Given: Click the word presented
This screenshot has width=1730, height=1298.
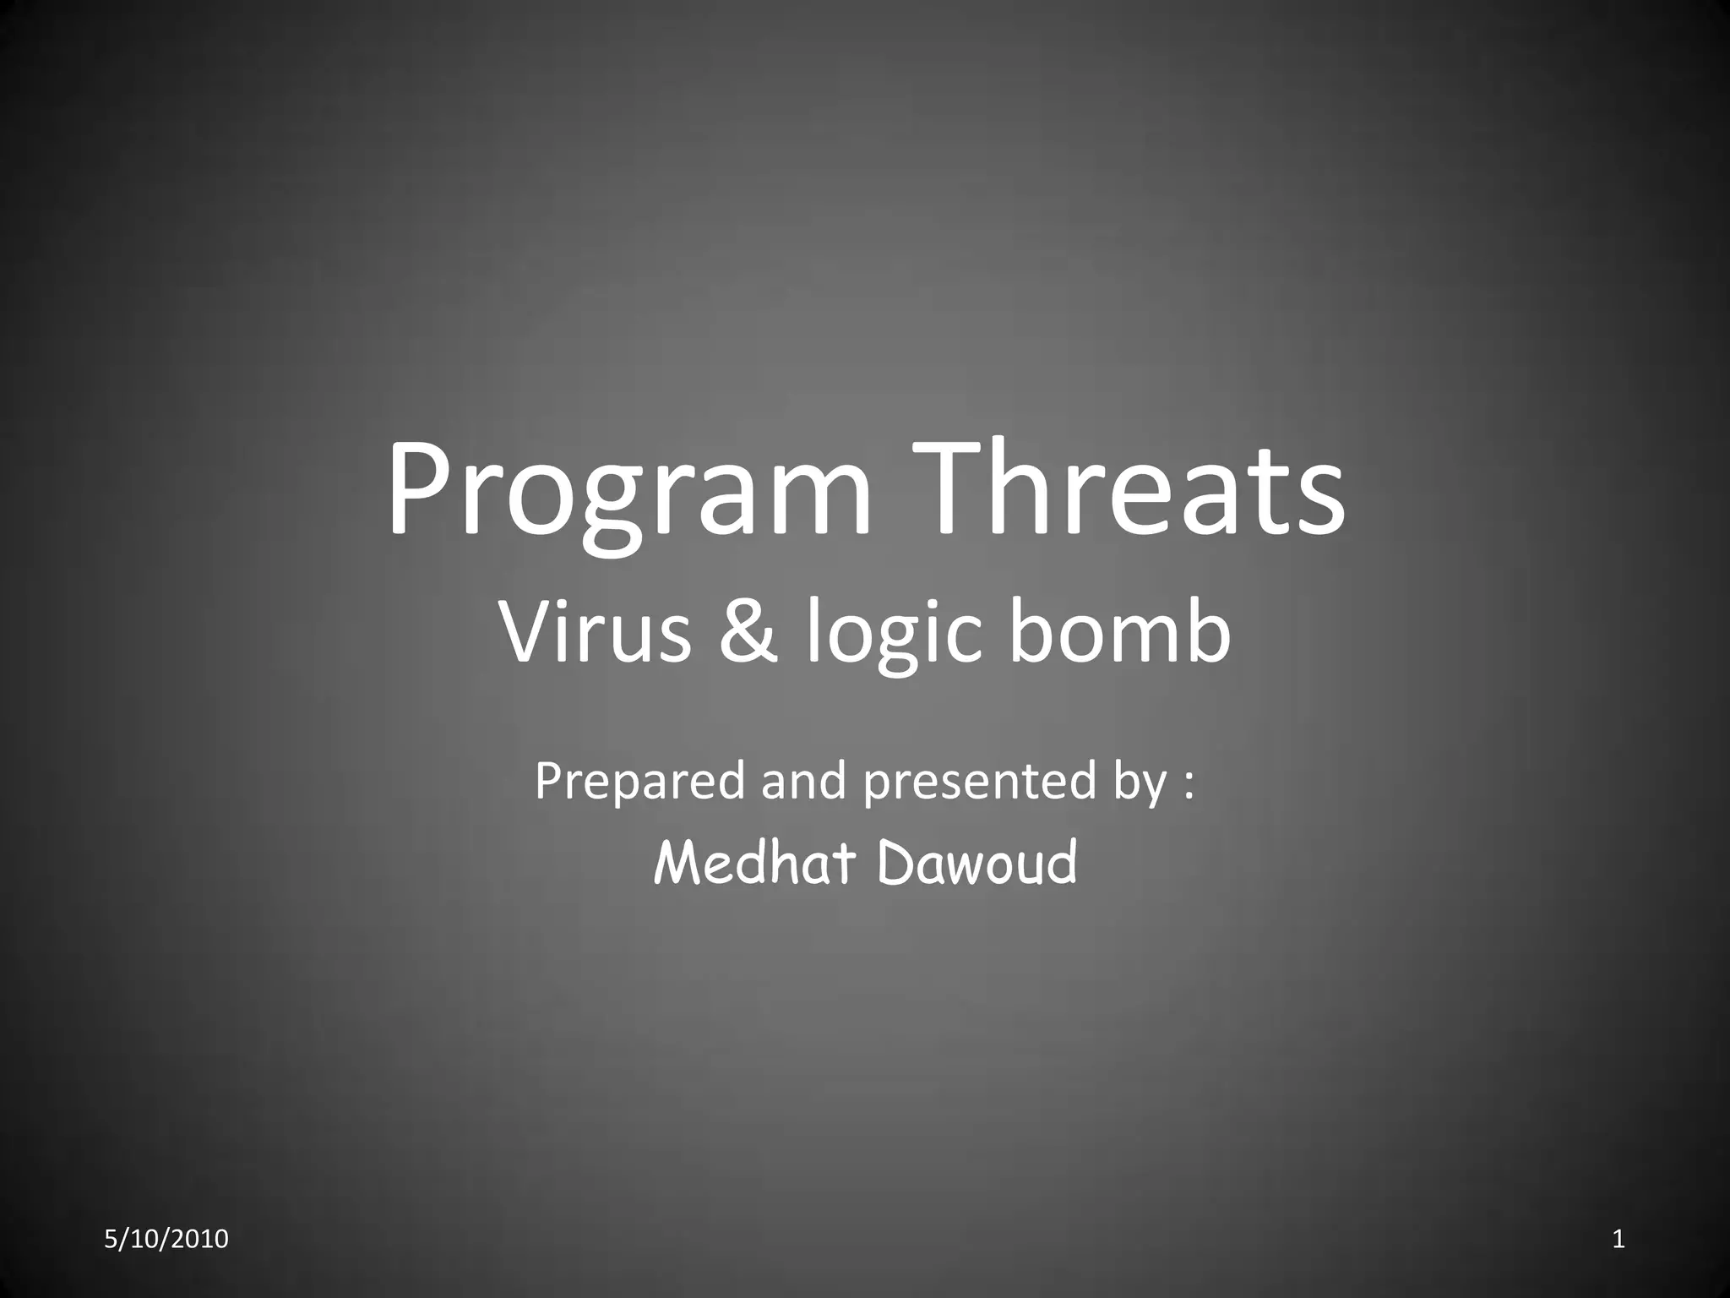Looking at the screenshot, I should (x=979, y=782).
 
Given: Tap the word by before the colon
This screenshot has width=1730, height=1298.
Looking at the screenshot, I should (x=1140, y=782).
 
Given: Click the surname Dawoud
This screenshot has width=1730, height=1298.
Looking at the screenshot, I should (x=977, y=863).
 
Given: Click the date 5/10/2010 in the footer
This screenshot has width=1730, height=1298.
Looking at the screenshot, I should (x=166, y=1240).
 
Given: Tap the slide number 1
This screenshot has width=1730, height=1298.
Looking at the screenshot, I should (x=1618, y=1240).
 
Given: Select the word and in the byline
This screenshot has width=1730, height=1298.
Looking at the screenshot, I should (x=803, y=781).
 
